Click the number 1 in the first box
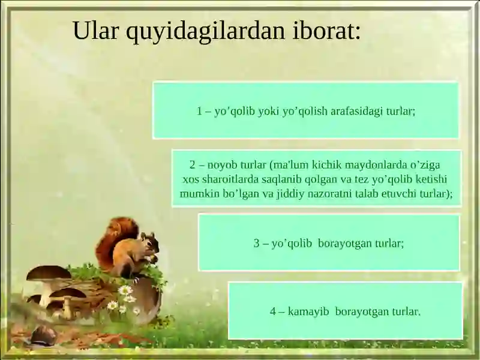(200, 112)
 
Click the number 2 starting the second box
(193, 165)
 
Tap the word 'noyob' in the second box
(223, 165)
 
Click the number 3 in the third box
(256, 244)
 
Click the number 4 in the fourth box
(273, 312)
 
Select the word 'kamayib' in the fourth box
(308, 312)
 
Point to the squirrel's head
(149, 242)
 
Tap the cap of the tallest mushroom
(49, 274)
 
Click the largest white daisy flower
(125, 290)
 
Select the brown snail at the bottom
(43, 335)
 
